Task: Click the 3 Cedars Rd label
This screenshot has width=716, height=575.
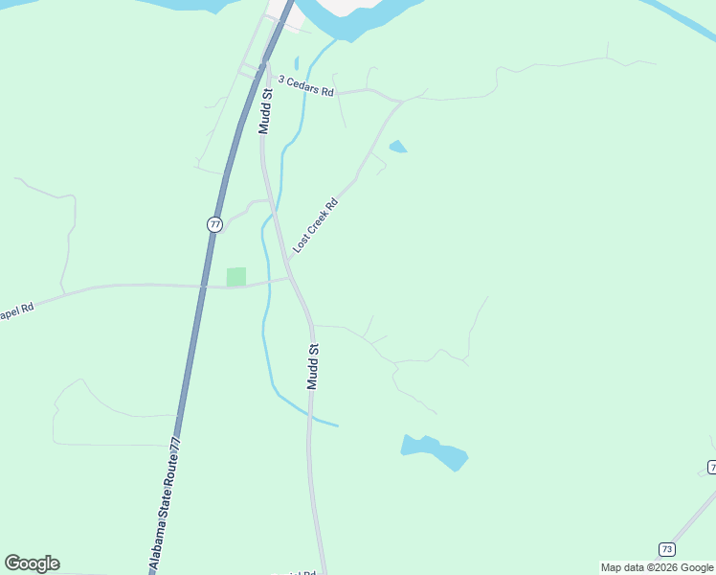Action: point(305,87)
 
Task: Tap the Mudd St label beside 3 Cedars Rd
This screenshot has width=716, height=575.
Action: point(266,110)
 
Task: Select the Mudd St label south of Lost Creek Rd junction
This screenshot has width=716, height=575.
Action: point(312,366)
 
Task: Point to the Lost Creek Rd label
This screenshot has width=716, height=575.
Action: point(316,226)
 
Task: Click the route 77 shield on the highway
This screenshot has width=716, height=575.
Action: point(214,224)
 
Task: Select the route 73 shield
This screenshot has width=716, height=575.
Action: point(667,548)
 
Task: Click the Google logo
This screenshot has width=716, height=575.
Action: point(32,563)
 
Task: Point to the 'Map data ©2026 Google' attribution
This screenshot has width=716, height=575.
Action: point(657,567)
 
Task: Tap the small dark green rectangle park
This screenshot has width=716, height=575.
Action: point(235,276)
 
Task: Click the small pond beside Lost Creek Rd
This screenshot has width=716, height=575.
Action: point(397,147)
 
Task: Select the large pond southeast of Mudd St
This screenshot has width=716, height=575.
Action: point(436,450)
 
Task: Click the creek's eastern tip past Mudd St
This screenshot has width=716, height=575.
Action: point(336,425)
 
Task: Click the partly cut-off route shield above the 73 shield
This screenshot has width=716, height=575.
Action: point(712,467)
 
